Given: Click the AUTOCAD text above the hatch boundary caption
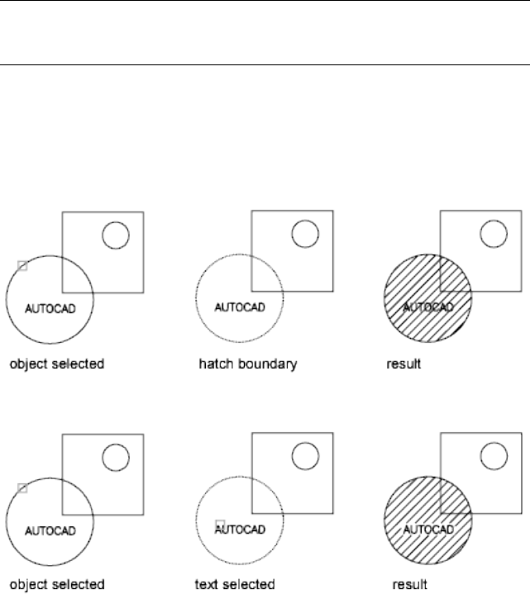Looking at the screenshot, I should click(239, 307).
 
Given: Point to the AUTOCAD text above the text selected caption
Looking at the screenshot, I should click(242, 530).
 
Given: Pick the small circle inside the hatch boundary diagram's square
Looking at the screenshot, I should click(306, 234).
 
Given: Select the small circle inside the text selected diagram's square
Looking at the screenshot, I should click(306, 455).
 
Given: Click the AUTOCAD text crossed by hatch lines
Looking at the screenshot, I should click(428, 307).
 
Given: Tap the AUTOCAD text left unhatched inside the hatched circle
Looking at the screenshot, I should click(428, 530).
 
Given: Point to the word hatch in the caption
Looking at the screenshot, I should click(213, 363).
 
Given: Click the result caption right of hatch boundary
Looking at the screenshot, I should click(404, 363).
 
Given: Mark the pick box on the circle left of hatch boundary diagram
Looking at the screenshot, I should click(22, 266).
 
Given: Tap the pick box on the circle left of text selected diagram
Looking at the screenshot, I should click(22, 488).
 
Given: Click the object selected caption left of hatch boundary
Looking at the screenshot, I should click(56, 363).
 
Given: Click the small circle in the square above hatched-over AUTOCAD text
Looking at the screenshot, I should click(494, 234).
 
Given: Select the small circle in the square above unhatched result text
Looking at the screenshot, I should click(494, 455).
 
